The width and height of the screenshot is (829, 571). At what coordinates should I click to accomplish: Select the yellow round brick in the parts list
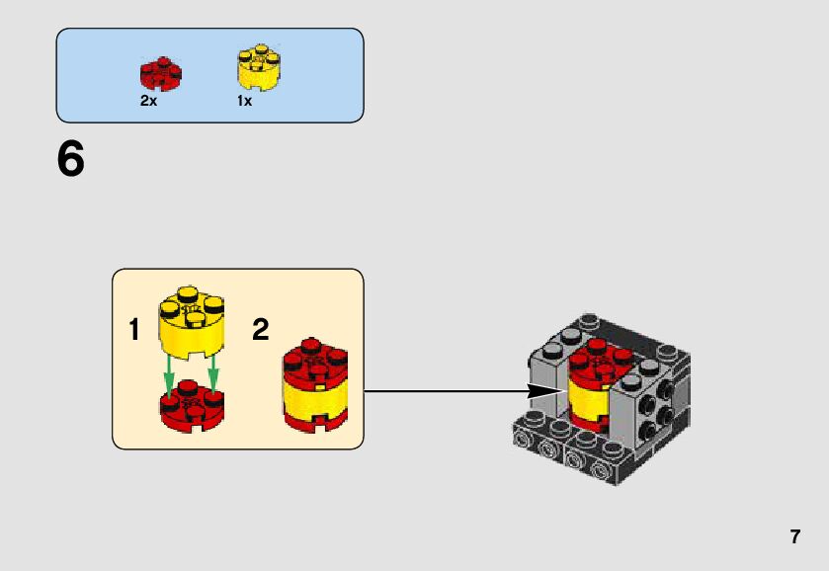258,68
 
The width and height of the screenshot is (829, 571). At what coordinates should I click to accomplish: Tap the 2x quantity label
148,101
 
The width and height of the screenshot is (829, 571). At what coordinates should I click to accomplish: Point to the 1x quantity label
244,101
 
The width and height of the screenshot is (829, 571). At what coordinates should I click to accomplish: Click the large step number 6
71,159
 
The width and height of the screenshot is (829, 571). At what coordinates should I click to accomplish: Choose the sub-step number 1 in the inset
134,330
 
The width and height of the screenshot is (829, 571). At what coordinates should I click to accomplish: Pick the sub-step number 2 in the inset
261,330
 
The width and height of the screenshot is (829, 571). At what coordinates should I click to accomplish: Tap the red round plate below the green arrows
192,408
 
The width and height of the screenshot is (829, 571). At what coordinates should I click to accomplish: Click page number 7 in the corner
794,537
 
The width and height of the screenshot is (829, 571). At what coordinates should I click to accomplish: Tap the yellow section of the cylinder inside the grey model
582,399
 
